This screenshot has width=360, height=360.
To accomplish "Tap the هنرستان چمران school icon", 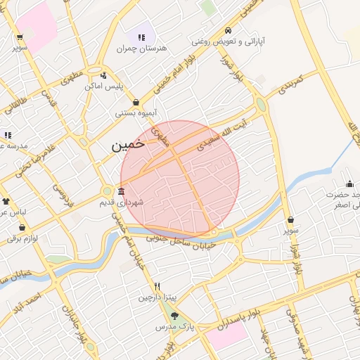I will (142, 37).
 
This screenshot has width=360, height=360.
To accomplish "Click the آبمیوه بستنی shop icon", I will (136, 102).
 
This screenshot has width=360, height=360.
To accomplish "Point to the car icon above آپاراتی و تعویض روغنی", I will (228, 31).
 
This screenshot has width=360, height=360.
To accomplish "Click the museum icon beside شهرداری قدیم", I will (122, 191).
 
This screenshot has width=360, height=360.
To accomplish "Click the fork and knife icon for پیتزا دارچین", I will (157, 287).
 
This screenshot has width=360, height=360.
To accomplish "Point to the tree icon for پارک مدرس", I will (174, 316).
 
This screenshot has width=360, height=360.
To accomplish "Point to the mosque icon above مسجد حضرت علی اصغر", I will (349, 184).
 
